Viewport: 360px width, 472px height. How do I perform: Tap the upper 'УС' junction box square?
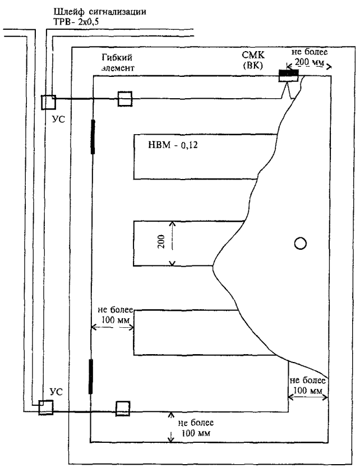(48, 102)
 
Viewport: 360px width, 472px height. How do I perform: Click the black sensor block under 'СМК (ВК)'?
(289, 74)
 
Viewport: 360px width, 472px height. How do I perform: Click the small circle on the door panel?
(301, 242)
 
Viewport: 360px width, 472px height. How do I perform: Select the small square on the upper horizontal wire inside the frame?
(124, 99)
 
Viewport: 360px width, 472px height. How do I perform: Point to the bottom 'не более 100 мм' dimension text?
(195, 427)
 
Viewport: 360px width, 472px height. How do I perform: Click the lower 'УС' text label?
(45, 389)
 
